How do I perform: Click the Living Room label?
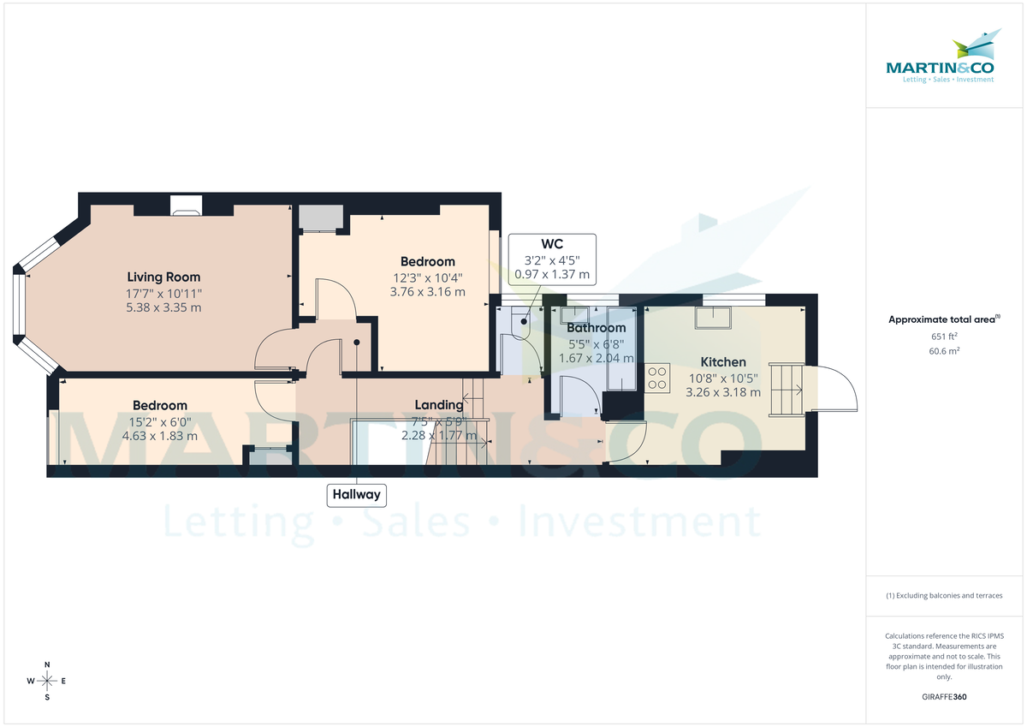pyautogui.click(x=163, y=277)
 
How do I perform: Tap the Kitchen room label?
pyautogui.click(x=723, y=362)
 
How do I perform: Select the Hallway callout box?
pyautogui.click(x=357, y=495)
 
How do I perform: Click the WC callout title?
pyautogui.click(x=552, y=244)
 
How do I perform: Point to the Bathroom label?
pyautogui.click(x=596, y=328)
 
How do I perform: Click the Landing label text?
pyautogui.click(x=439, y=405)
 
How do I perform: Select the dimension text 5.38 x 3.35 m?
pyautogui.click(x=163, y=307)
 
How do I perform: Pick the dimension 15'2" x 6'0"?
pyautogui.click(x=160, y=420)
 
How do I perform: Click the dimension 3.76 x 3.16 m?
pyautogui.click(x=427, y=292)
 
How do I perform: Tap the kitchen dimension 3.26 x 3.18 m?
pyautogui.click(x=723, y=393)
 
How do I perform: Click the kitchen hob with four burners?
pyautogui.click(x=657, y=378)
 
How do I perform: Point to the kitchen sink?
pyautogui.click(x=714, y=318)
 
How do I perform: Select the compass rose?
pyautogui.click(x=47, y=681)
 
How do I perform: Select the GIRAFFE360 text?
pyautogui.click(x=944, y=697)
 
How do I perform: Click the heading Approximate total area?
pyautogui.click(x=942, y=319)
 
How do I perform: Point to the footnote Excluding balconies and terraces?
pyautogui.click(x=944, y=596)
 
